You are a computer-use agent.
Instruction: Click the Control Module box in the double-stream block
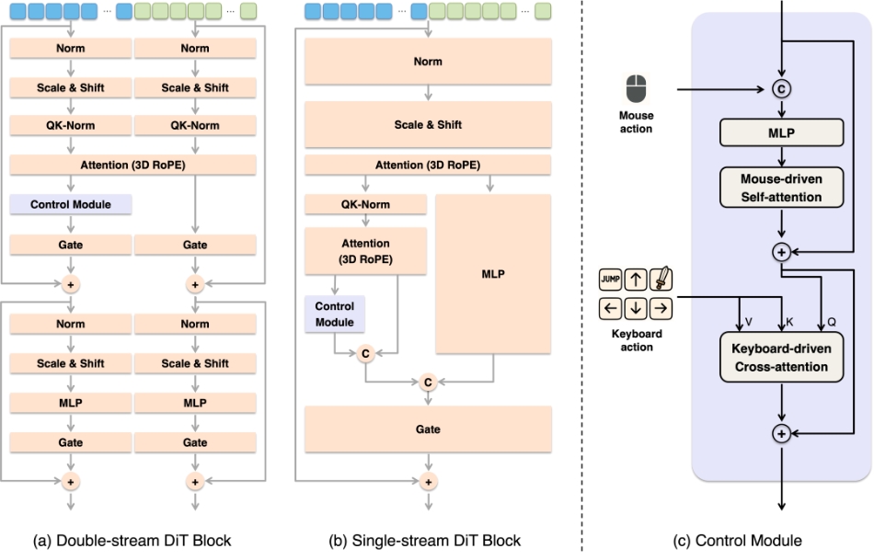click(x=71, y=204)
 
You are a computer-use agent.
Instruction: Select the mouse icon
click(x=636, y=89)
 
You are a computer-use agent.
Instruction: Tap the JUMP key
click(x=610, y=278)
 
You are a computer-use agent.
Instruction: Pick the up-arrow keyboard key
click(x=636, y=278)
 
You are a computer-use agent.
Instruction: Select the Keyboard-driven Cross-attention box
click(x=781, y=359)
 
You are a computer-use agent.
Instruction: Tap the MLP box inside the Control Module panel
click(x=781, y=132)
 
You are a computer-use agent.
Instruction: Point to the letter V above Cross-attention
click(x=748, y=322)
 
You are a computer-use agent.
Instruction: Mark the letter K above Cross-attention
click(x=788, y=322)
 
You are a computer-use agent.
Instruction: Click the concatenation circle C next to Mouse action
click(x=781, y=90)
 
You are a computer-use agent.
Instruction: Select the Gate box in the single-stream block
click(x=427, y=429)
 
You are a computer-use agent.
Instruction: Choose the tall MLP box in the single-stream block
click(x=494, y=273)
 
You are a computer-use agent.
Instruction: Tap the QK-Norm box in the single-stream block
click(x=366, y=205)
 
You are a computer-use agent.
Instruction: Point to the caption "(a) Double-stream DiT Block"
click(x=133, y=541)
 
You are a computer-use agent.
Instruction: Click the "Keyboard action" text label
click(x=636, y=340)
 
